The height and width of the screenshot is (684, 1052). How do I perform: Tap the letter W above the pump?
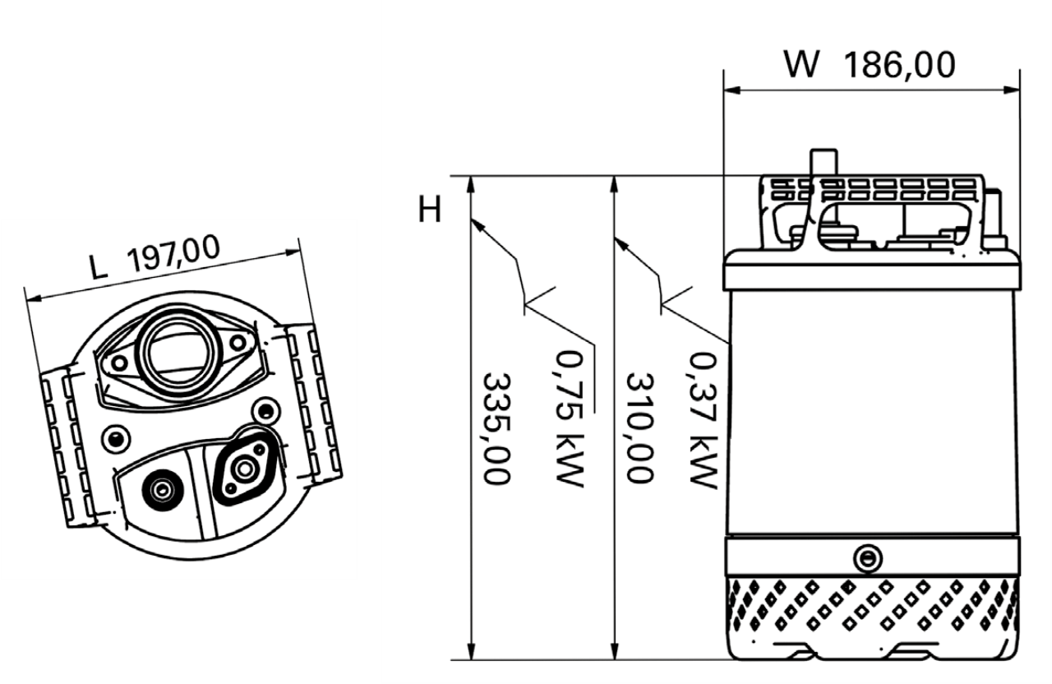pyautogui.click(x=803, y=64)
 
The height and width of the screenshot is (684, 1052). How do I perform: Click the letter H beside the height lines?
pyautogui.click(x=429, y=210)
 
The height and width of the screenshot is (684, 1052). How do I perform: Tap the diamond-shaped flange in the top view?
pyautogui.click(x=242, y=469)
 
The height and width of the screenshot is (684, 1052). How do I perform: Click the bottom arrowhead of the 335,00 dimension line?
pyautogui.click(x=471, y=652)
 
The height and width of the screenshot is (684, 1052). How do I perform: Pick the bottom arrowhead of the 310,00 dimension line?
pyautogui.click(x=614, y=652)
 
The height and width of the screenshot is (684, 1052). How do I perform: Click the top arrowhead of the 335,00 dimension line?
pyautogui.click(x=471, y=185)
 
